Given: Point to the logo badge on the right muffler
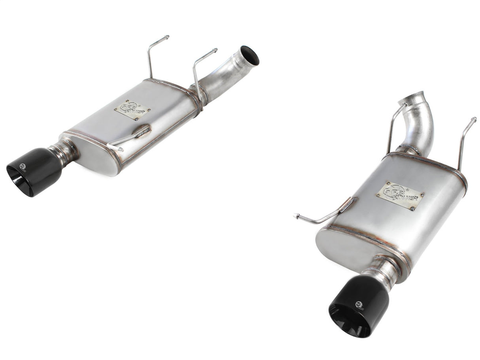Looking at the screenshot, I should (x=400, y=196).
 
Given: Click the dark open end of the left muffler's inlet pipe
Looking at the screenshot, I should (x=250, y=55).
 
